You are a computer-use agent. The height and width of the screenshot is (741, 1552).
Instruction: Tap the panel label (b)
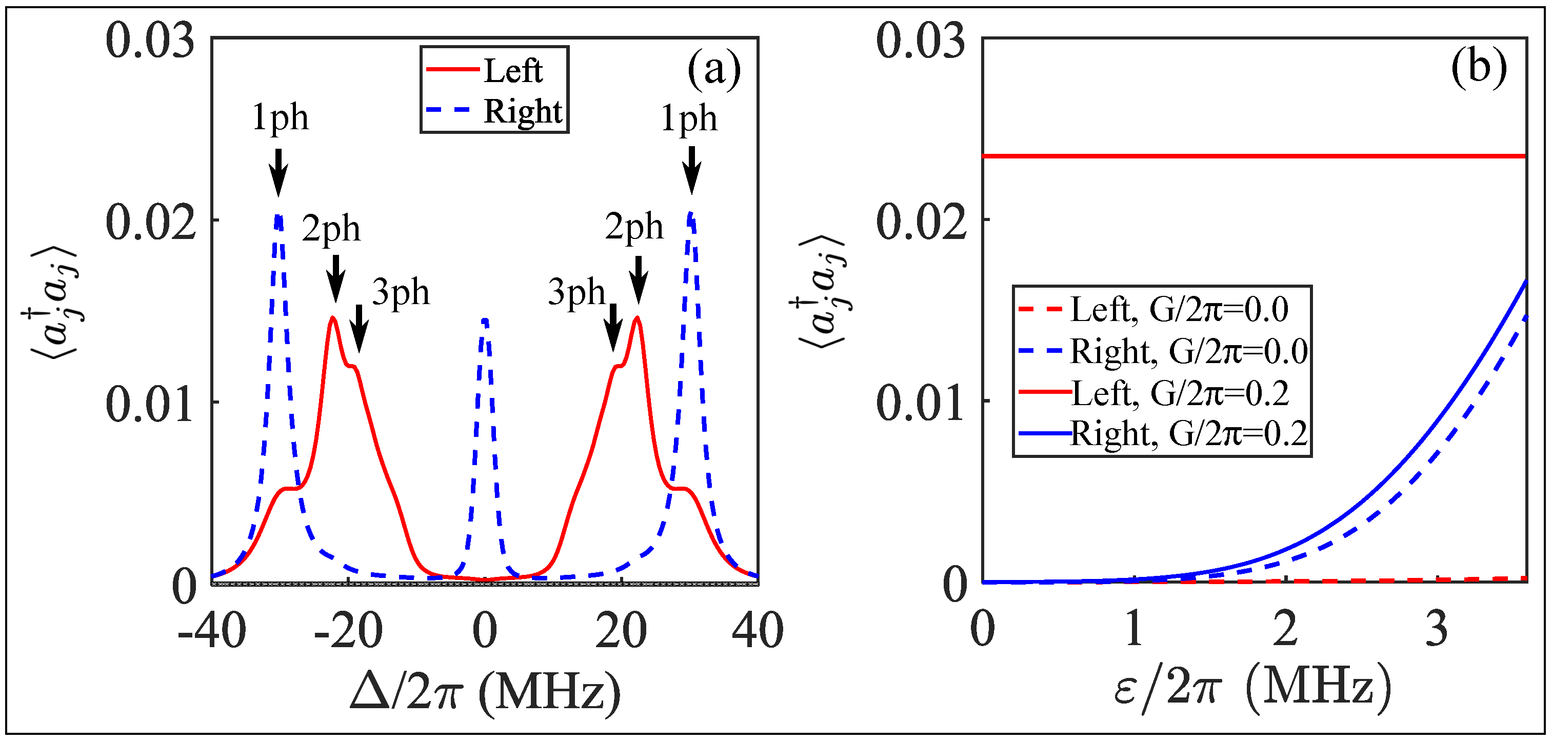click(x=1479, y=66)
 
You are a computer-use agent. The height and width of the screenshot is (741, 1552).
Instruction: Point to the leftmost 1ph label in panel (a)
click(x=280, y=117)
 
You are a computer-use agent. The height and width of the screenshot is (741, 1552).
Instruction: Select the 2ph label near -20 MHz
click(x=331, y=229)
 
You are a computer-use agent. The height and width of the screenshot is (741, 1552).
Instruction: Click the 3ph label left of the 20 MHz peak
click(x=576, y=293)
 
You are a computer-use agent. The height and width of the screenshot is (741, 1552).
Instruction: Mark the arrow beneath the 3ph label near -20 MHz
click(x=359, y=328)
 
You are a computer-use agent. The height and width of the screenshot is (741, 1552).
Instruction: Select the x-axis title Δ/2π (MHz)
click(x=485, y=692)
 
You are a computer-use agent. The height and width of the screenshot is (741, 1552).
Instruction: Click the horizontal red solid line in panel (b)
click(x=1253, y=156)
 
